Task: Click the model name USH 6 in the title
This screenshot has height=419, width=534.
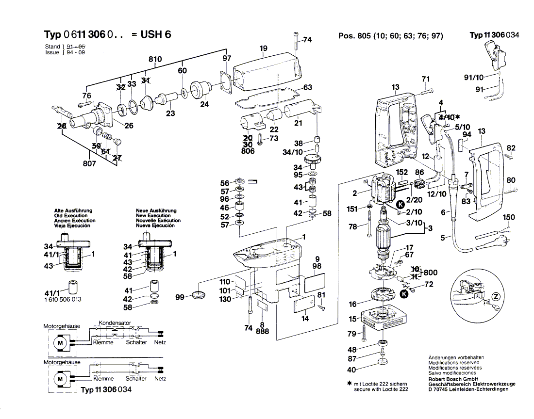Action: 155,35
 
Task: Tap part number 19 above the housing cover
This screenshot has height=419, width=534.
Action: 264,48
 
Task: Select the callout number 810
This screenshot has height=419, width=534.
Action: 155,59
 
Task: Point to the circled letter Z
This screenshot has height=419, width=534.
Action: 496,296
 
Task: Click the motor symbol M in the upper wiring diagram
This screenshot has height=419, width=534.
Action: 61,342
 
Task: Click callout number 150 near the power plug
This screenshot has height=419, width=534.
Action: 508,218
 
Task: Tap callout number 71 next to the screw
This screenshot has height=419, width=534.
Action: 425,79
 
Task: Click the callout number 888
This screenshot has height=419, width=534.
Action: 262,332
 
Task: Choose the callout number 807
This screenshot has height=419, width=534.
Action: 89,164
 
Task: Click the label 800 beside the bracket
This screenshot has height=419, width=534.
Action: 430,273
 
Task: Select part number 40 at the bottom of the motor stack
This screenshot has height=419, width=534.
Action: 351,370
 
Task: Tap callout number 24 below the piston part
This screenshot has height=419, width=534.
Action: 204,104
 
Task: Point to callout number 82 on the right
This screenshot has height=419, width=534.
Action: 511,148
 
